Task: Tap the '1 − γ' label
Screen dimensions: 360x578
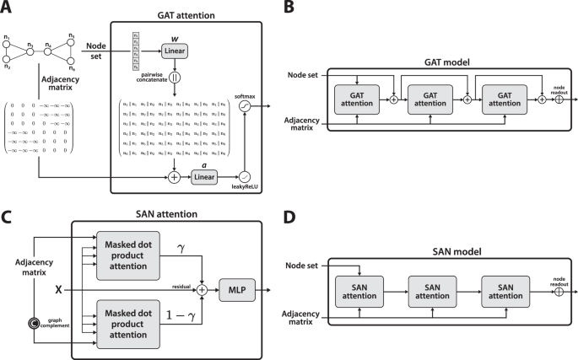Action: [x=181, y=311]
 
